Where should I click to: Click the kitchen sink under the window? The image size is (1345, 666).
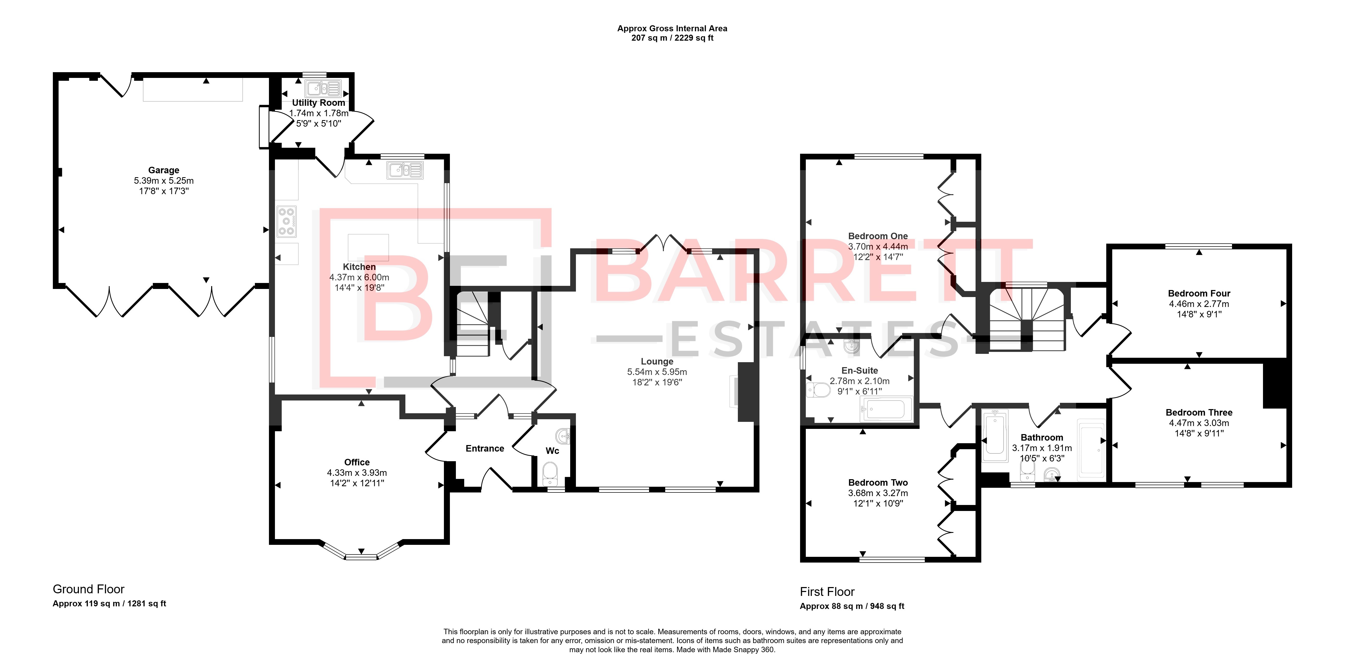coord(405,170)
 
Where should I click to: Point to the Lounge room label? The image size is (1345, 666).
coord(657,361)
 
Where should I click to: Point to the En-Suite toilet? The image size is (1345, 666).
coord(818,390)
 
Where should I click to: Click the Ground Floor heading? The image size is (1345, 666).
coord(89,589)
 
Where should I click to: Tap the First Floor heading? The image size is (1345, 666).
coord(827,592)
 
